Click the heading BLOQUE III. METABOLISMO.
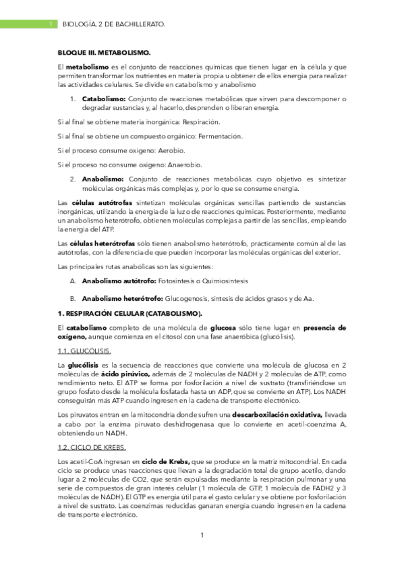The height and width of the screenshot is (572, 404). [104, 53]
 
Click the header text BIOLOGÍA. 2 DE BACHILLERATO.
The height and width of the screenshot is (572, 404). [113, 24]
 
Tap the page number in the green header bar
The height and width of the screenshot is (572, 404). [52, 24]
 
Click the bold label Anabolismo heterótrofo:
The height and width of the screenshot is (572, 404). [122, 299]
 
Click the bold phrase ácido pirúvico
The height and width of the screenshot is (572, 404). [121, 373]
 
